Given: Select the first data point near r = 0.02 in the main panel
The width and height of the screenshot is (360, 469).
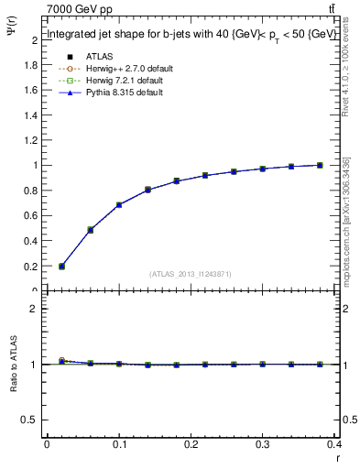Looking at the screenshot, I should (x=61, y=267).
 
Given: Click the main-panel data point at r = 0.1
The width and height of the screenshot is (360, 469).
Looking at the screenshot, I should (x=119, y=205).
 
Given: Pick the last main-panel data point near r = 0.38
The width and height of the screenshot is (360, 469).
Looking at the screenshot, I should (x=320, y=165).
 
